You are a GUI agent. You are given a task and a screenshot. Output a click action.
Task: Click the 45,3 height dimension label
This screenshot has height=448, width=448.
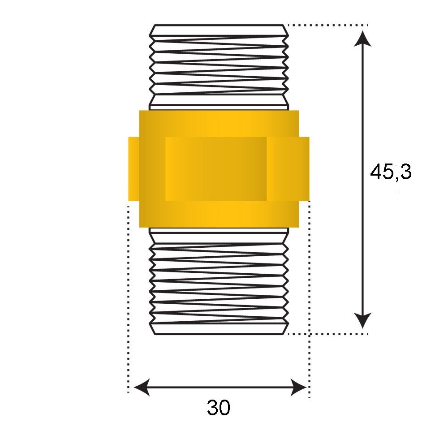pos(391,172)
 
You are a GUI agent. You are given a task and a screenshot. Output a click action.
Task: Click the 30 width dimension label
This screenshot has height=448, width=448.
pos(219,407)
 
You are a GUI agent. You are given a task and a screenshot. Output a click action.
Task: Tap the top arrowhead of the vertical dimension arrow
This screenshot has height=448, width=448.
pos(362,39)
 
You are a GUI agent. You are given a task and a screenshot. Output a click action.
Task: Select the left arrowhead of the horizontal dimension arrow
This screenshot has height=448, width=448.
pos(142,388)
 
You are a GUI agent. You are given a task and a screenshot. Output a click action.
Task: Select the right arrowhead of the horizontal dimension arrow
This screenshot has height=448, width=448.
pos(298,388)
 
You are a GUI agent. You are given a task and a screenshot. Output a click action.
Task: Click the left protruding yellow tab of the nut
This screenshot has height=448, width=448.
pos(134,169)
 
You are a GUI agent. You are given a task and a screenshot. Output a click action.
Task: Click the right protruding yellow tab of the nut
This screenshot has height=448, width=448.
pos(304,169)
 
